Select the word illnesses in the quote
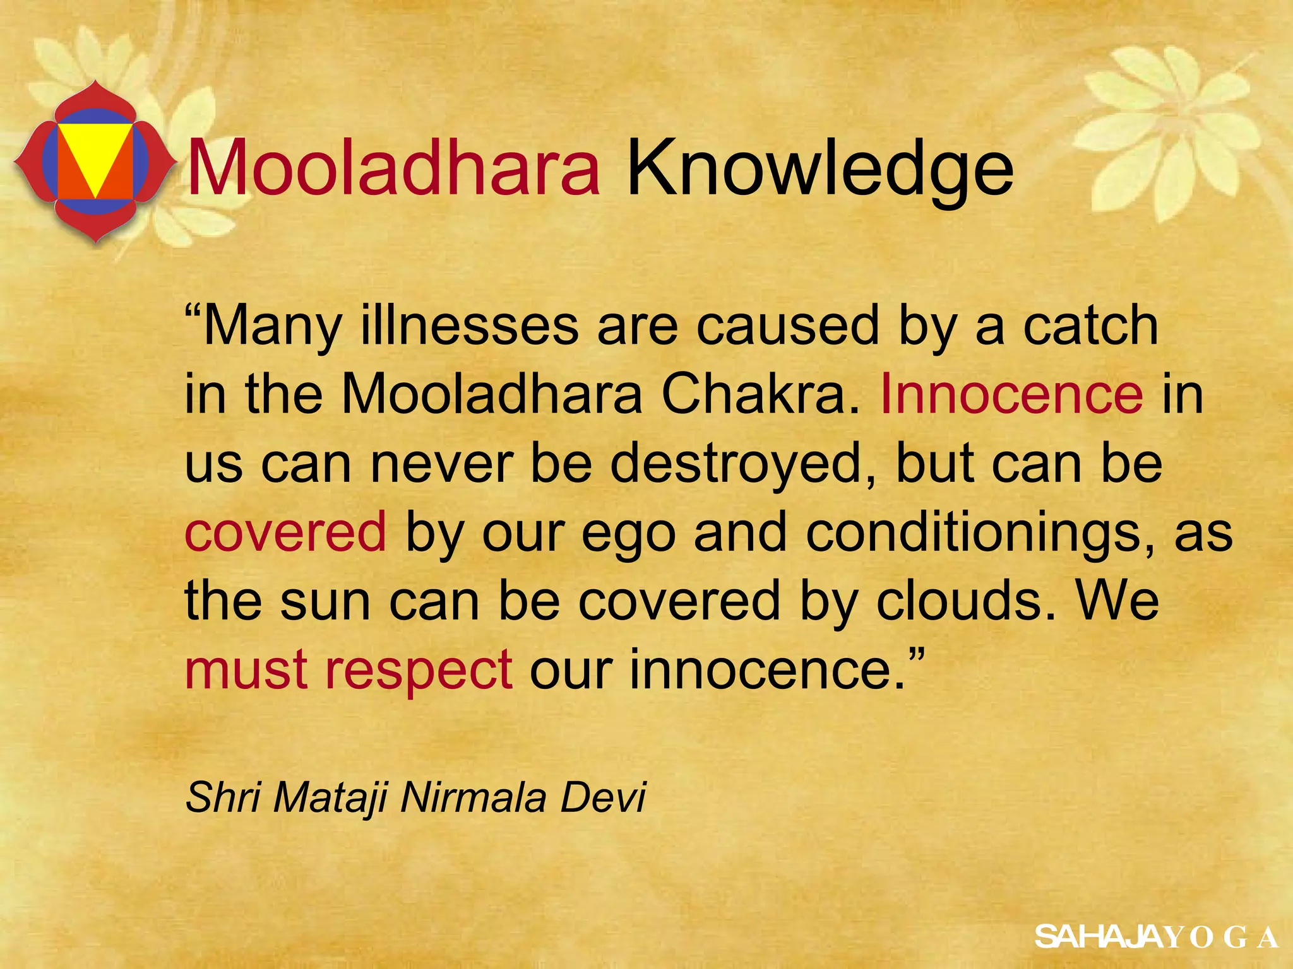[469, 326]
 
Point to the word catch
[1090, 326]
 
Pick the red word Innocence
[1011, 394]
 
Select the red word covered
[285, 532]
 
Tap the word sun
[325, 601]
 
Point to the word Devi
[604, 797]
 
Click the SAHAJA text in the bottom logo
[1099, 937]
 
